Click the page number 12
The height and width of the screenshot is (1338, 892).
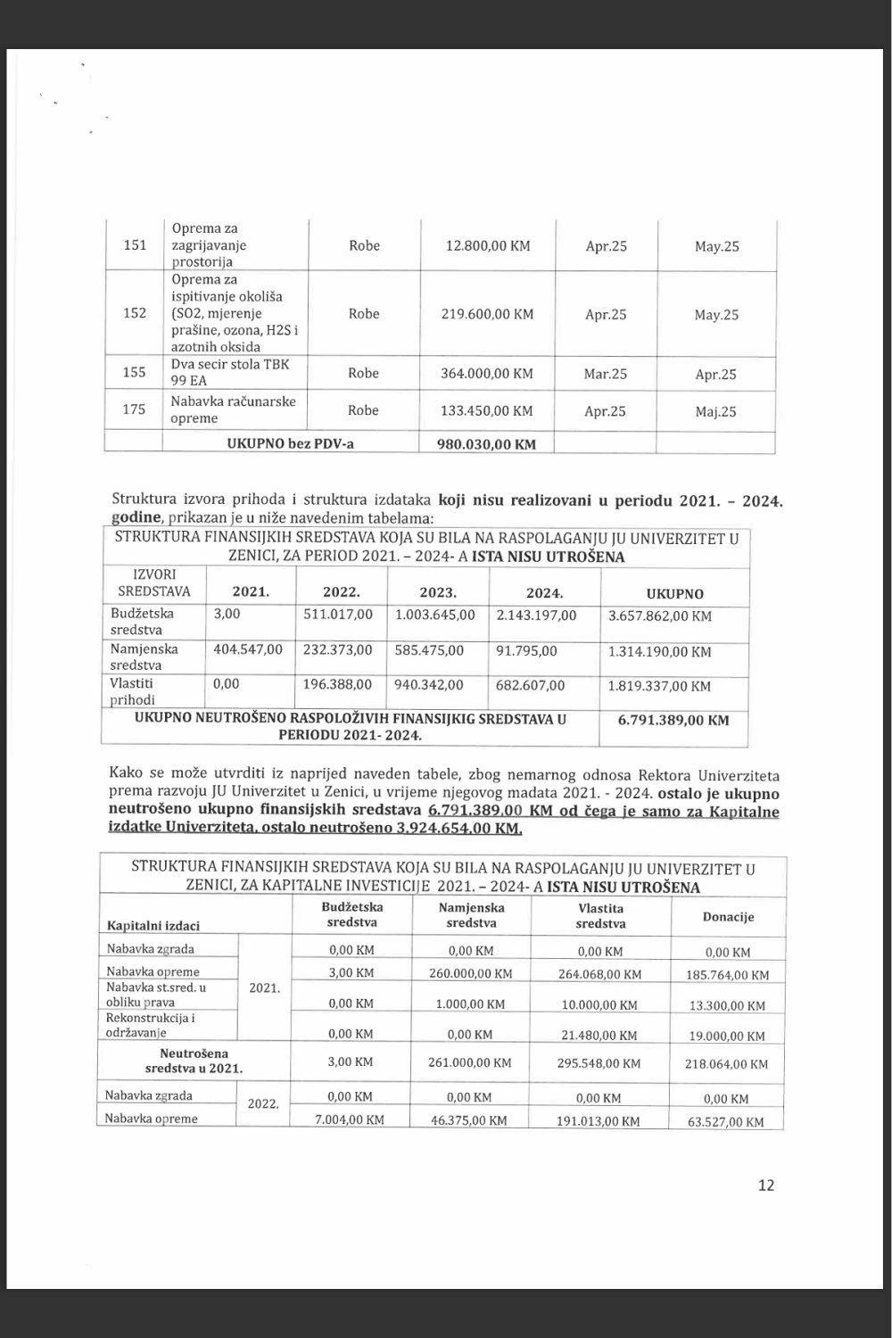[x=765, y=1185]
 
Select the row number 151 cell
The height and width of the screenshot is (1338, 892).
[x=134, y=245]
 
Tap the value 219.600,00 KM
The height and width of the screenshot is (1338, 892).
[x=487, y=314]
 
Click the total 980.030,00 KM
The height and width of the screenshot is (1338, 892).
[x=487, y=443]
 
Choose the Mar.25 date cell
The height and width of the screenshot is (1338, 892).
[x=606, y=374]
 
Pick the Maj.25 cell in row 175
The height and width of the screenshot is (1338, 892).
[x=716, y=412]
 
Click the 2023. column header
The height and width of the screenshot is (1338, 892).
[x=437, y=593]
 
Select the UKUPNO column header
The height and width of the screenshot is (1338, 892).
[x=674, y=594]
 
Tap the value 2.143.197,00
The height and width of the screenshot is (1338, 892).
[x=537, y=615]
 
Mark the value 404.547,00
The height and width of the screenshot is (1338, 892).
[x=248, y=650]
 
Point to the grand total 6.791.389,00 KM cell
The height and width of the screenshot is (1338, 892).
[x=673, y=720]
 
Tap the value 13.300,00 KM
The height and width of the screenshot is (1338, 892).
[x=728, y=1005]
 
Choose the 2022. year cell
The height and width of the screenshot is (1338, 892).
[x=263, y=1104]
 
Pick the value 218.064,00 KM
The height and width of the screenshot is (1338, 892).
[x=728, y=1064]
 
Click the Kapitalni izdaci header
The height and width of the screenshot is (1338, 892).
[x=153, y=926]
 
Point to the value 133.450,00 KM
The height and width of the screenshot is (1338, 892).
[x=487, y=411]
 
